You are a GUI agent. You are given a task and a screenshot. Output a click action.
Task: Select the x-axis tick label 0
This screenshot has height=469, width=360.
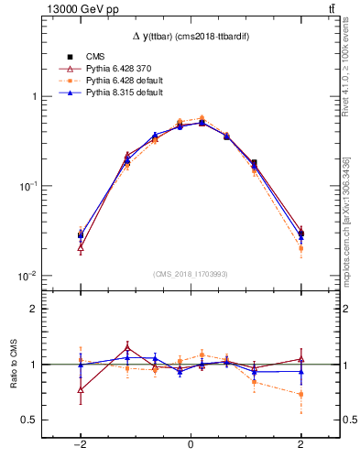191,444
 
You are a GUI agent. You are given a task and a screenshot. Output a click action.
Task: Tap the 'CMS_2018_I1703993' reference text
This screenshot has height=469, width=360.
191,274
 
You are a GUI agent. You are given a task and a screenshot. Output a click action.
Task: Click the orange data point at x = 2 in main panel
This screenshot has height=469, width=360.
300,248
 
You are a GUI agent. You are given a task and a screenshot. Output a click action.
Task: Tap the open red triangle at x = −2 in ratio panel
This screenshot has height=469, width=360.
81,389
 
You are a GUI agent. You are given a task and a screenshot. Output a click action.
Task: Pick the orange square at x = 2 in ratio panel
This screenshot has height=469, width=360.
300,395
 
